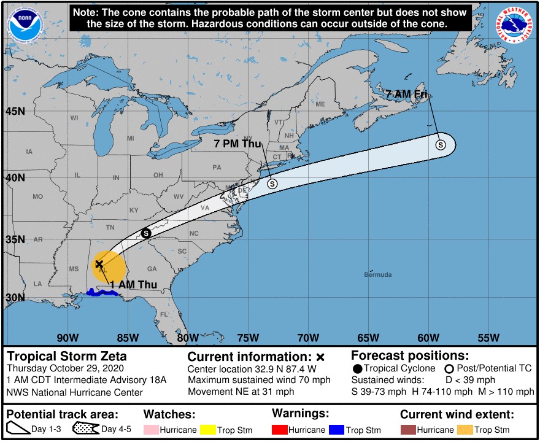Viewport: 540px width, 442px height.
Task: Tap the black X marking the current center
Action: [x=99, y=263]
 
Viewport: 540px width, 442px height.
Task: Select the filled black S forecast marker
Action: [x=146, y=233]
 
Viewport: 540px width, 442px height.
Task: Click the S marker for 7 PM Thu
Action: [x=272, y=184]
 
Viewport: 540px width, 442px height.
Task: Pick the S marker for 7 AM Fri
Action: [x=441, y=145]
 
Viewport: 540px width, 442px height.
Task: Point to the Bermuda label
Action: [x=377, y=274]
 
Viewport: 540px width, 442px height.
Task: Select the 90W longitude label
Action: [x=67, y=337]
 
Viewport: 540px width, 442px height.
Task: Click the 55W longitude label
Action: [x=487, y=337]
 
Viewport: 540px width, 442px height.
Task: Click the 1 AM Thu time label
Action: [x=134, y=284]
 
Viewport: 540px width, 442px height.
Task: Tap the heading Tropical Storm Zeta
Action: [x=67, y=356]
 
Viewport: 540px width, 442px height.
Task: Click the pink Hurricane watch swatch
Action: [x=151, y=430]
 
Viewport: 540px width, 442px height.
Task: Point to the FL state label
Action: [x=164, y=314]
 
